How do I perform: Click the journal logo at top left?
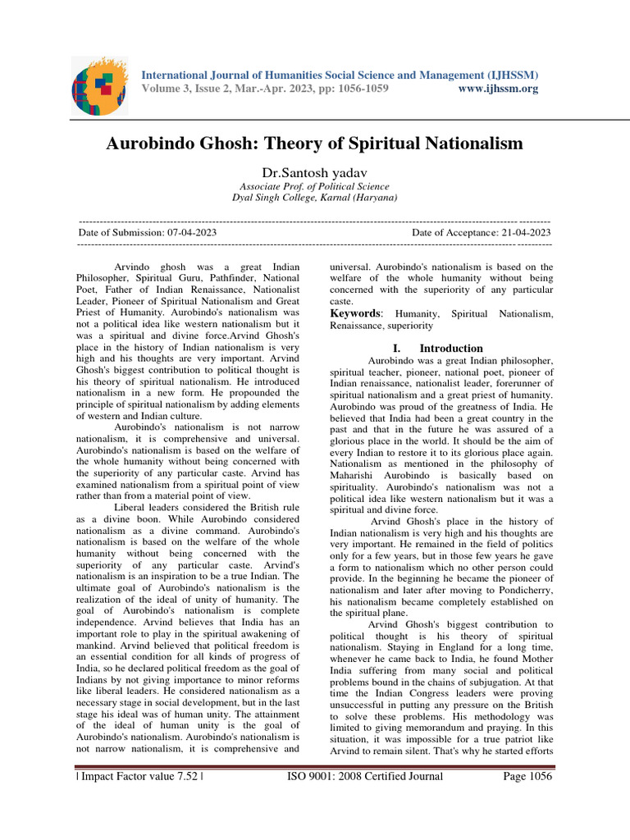[98, 84]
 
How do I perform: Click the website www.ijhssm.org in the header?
[496, 89]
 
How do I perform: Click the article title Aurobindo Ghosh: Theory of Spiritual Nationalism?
[314, 144]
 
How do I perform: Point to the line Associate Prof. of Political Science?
[314, 186]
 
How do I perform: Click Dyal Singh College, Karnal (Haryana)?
[314, 198]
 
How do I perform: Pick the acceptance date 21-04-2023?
[523, 233]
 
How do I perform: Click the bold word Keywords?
[356, 313]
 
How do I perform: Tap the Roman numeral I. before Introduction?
[398, 348]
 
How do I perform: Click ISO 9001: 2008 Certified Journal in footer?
[364, 777]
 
